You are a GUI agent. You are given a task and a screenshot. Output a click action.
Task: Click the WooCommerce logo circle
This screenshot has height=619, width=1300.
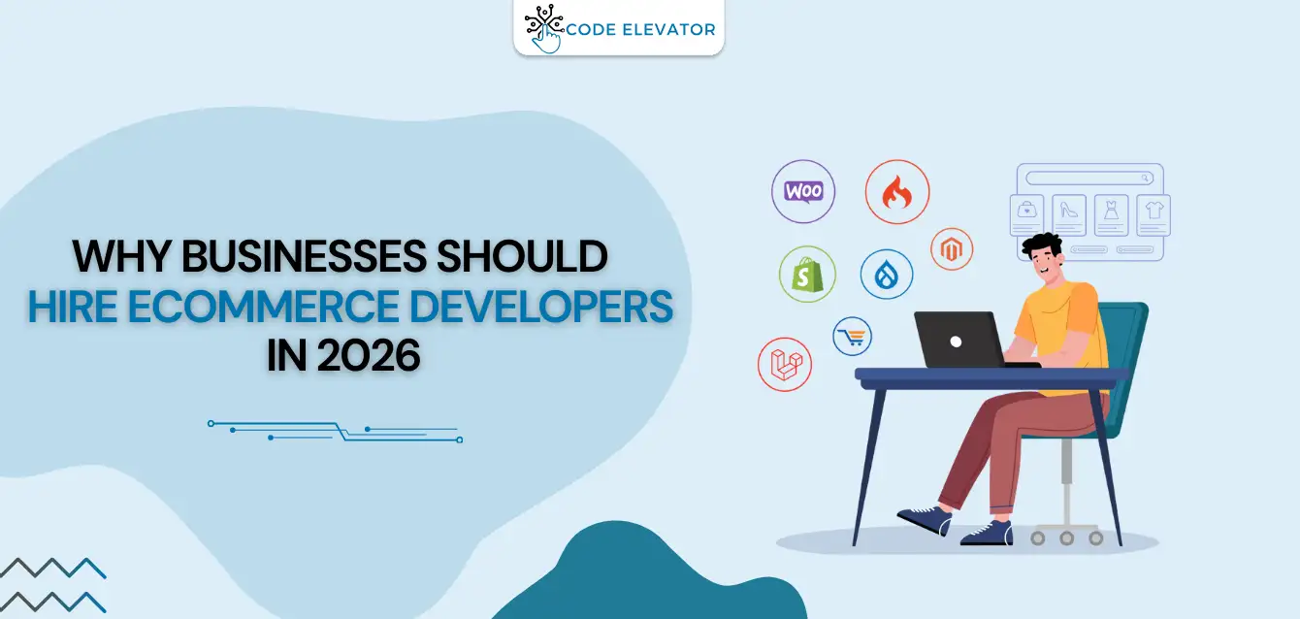[x=803, y=191]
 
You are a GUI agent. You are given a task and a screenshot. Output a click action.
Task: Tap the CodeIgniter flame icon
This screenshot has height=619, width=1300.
[x=897, y=192]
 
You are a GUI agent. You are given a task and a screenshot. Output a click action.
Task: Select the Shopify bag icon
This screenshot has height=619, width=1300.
[x=806, y=274]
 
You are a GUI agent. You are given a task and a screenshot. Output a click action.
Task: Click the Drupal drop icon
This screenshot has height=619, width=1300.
[x=887, y=275]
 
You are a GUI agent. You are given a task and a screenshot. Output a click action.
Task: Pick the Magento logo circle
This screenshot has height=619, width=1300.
[x=952, y=249]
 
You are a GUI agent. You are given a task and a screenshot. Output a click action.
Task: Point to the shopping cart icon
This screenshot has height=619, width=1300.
[x=853, y=337]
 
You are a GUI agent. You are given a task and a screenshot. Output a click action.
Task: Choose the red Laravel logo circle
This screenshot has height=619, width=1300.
[x=785, y=364]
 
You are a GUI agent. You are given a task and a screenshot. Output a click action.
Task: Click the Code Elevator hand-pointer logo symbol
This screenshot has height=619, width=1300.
[x=544, y=29]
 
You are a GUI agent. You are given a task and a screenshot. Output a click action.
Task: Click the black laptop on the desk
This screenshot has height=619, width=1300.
[x=960, y=340]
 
